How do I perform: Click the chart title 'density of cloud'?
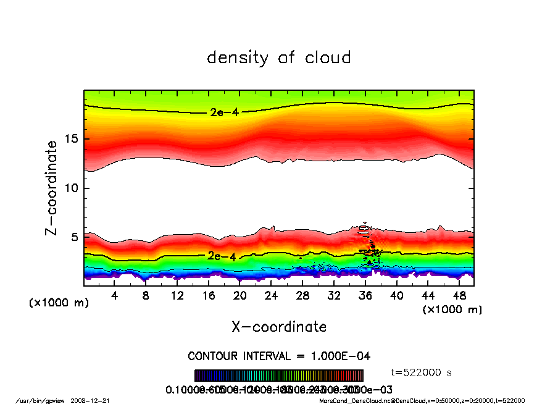(x=279, y=58)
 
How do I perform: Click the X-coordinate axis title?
(x=279, y=327)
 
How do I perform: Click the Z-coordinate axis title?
(x=52, y=188)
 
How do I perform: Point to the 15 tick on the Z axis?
(x=71, y=139)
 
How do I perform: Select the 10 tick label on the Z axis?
(x=71, y=188)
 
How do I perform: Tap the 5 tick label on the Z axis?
(x=75, y=237)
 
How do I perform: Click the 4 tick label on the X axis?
(x=115, y=296)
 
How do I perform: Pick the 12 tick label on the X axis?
(x=177, y=296)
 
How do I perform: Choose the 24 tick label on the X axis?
(x=271, y=296)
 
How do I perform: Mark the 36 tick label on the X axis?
(x=365, y=296)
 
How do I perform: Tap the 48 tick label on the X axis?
(x=459, y=296)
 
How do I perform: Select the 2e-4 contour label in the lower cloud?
(x=219, y=255)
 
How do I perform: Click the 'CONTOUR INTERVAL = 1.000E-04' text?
(x=279, y=356)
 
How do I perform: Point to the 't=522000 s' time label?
(x=422, y=372)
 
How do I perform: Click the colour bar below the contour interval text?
(x=279, y=376)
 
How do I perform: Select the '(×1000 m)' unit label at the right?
(x=452, y=309)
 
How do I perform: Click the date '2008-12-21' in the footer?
(x=96, y=400)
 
